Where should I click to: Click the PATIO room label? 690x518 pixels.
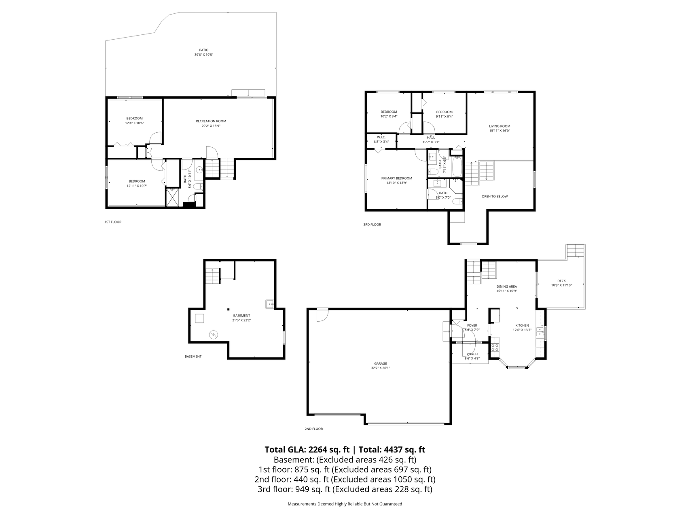click(x=203, y=50)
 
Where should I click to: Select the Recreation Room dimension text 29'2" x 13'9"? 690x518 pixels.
click(x=211, y=126)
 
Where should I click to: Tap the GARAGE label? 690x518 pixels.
click(x=380, y=363)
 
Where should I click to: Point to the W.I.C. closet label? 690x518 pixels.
click(x=381, y=137)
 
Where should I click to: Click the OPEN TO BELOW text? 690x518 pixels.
click(x=494, y=196)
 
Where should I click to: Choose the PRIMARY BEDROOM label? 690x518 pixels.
click(x=396, y=178)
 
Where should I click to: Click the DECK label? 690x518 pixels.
click(x=561, y=281)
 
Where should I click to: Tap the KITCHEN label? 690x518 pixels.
click(x=522, y=325)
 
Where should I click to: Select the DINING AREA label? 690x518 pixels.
click(x=507, y=287)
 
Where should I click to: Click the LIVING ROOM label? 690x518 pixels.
click(x=500, y=126)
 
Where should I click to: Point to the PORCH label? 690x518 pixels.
click(x=472, y=354)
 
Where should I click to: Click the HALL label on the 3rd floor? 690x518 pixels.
click(x=431, y=138)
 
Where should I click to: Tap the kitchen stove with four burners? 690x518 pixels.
click(x=495, y=347)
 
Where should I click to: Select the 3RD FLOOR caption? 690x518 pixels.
click(x=372, y=225)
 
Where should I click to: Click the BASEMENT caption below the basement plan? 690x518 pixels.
click(x=193, y=357)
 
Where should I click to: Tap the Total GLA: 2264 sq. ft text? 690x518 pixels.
click(x=307, y=450)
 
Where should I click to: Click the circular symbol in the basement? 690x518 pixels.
click(x=213, y=334)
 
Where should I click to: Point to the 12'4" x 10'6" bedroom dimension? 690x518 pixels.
click(x=134, y=123)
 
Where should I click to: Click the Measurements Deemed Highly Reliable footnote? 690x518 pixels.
click(x=345, y=504)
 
